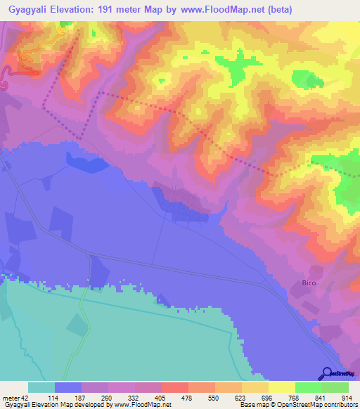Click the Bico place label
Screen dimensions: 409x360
click(x=310, y=283)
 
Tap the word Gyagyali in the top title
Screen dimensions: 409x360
click(x=30, y=9)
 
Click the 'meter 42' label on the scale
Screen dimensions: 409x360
click(x=15, y=398)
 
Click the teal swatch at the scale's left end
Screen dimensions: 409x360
click(x=41, y=387)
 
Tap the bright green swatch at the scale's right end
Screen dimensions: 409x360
click(x=335, y=387)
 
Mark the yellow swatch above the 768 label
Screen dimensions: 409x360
click(x=282, y=387)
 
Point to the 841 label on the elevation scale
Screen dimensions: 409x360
click(x=319, y=398)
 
